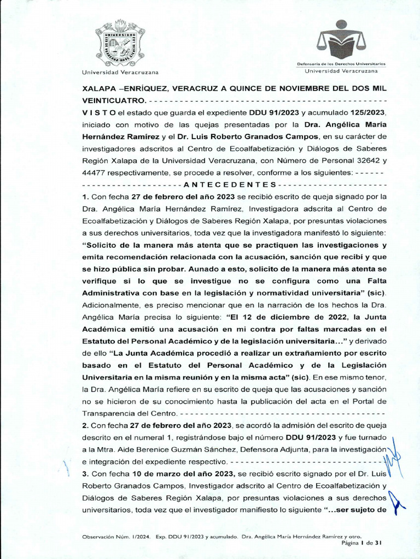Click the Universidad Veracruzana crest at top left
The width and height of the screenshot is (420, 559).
tap(120, 43)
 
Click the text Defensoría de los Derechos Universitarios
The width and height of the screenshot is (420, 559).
tap(341, 64)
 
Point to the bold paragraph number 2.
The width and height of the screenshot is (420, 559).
tap(85, 425)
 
